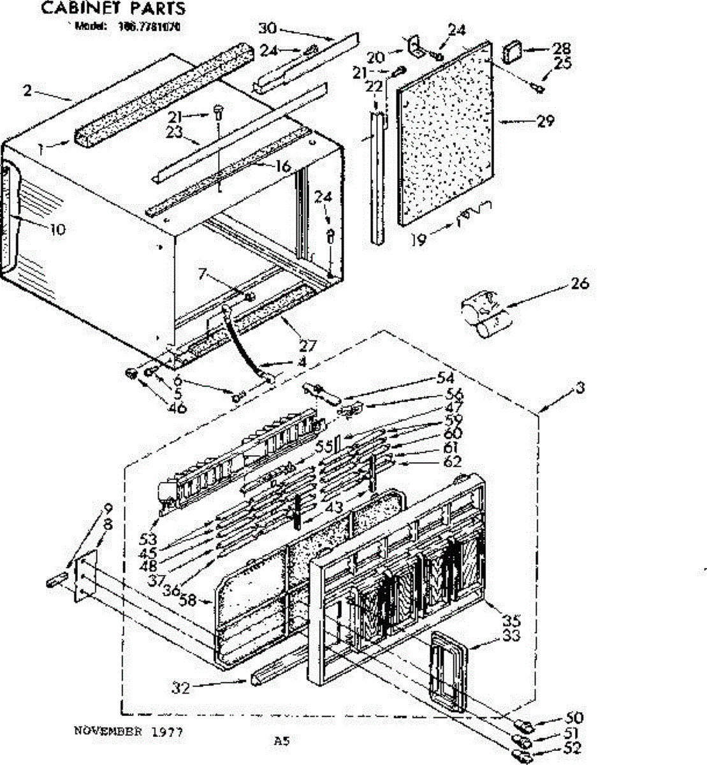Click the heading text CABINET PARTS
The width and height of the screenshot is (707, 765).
(x=113, y=8)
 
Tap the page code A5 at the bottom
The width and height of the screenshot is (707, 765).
(x=282, y=741)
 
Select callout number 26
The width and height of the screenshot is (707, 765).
(x=579, y=283)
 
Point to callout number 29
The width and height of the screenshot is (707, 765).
(x=545, y=120)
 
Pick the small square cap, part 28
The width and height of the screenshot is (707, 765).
(x=512, y=51)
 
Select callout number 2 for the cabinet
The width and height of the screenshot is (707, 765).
(x=27, y=90)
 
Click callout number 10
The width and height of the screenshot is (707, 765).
(x=58, y=229)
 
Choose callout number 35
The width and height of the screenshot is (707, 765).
(x=511, y=620)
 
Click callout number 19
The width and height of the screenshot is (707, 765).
(x=418, y=240)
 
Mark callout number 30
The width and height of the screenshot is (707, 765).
(x=267, y=27)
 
